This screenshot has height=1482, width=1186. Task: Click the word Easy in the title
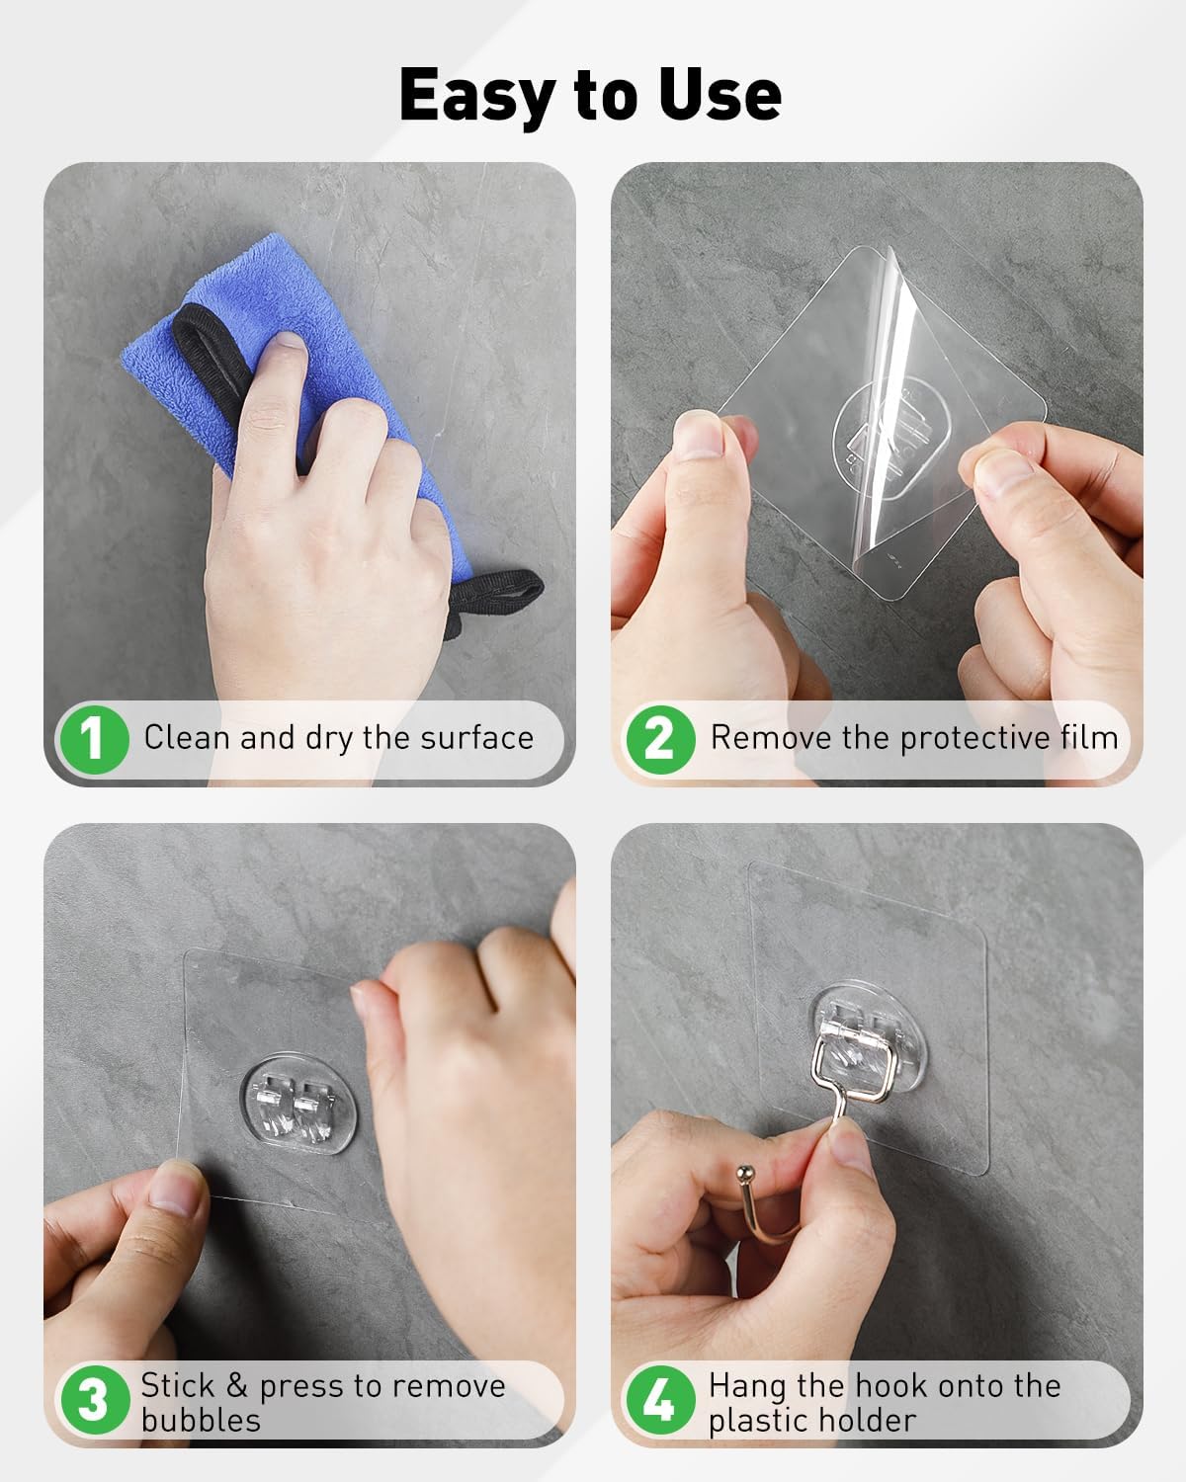(x=477, y=97)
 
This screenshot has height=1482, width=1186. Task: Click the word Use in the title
(x=719, y=95)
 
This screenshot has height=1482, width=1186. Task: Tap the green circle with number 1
(x=95, y=739)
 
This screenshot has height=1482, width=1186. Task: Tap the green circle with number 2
(x=660, y=739)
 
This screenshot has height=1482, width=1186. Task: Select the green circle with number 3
(x=95, y=1399)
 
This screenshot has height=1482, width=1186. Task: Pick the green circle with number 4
(x=660, y=1399)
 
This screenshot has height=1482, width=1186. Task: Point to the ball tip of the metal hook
(x=745, y=1172)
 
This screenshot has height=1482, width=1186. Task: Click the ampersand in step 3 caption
(x=236, y=1384)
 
